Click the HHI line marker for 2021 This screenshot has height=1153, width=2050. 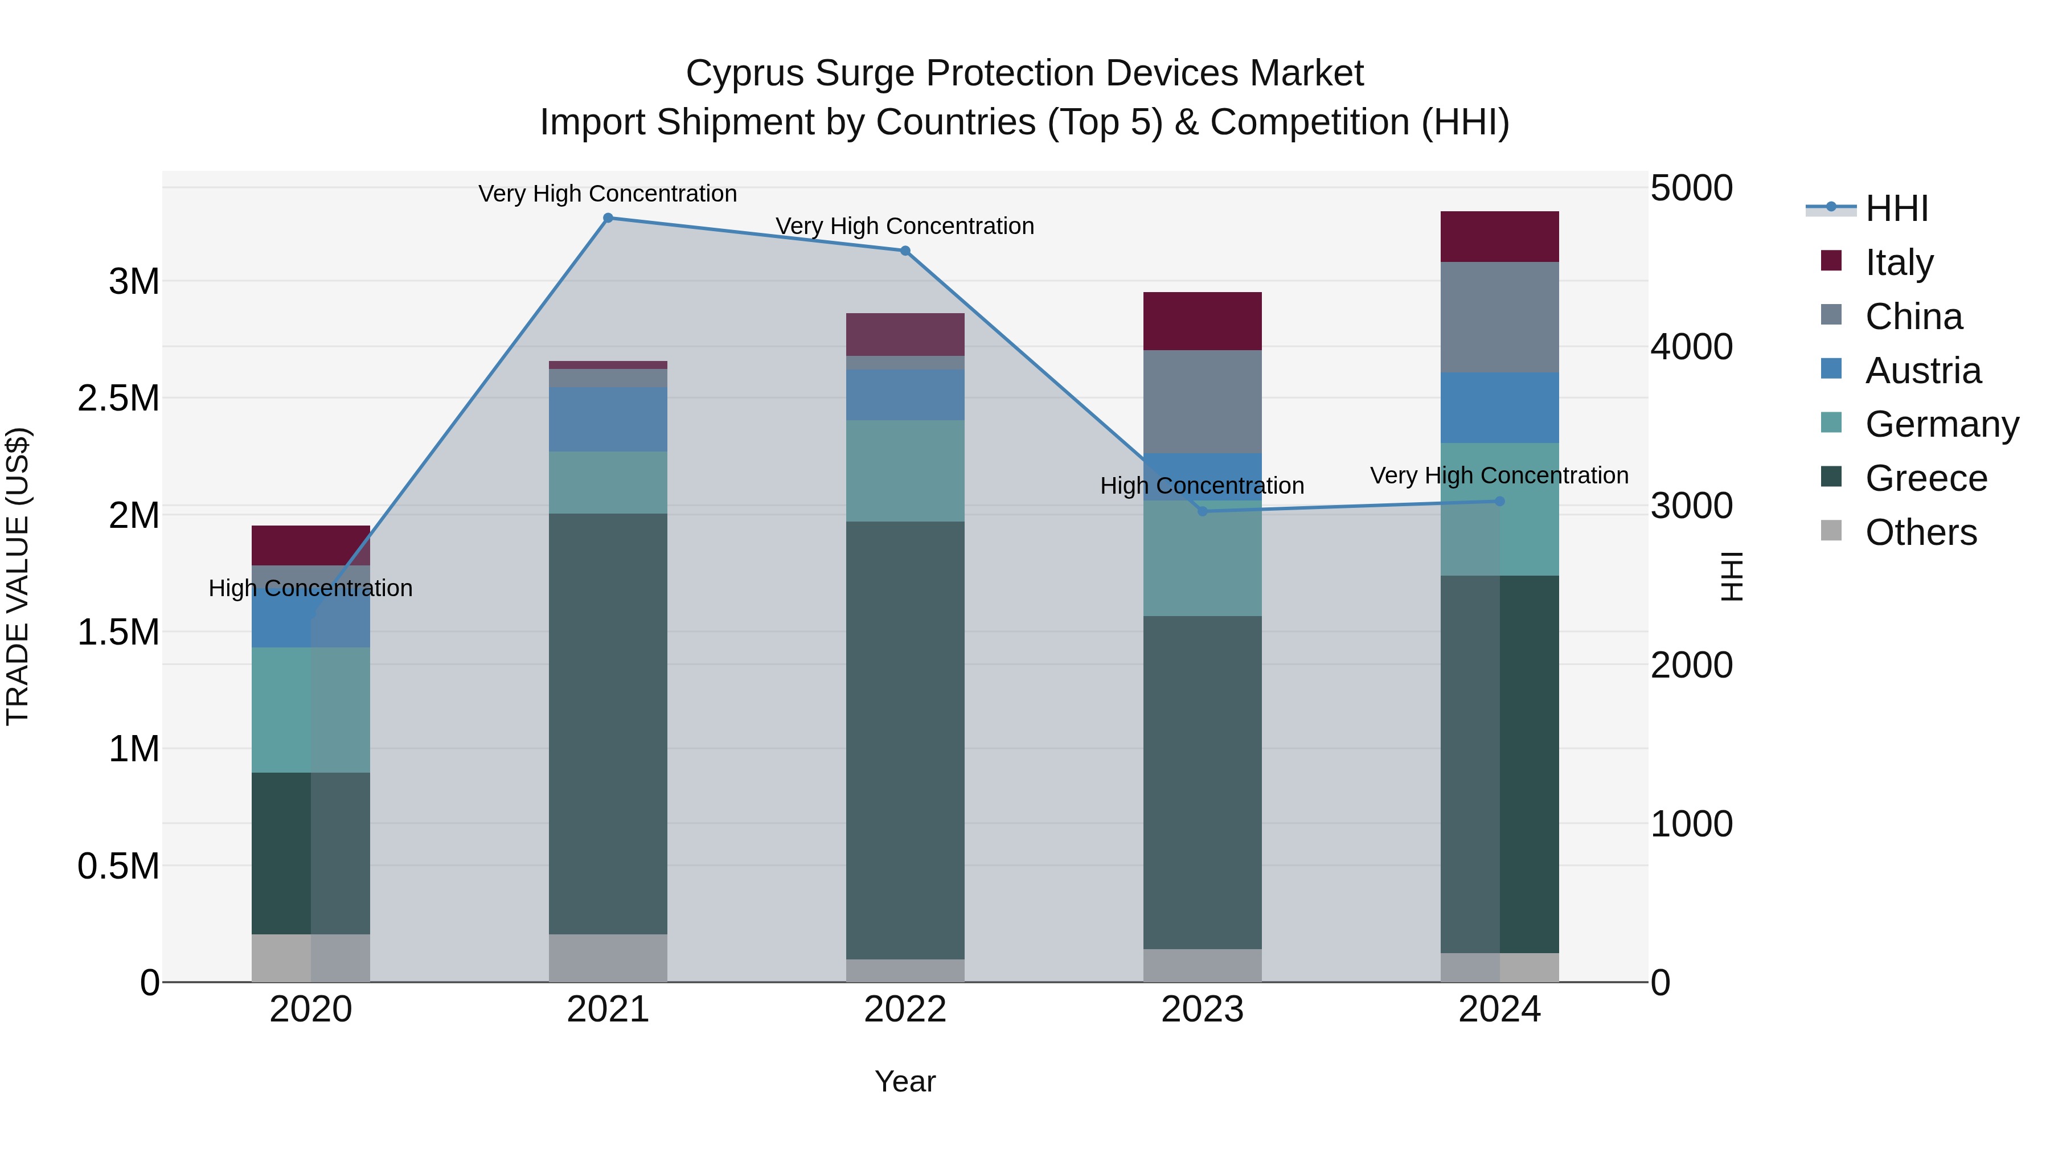(x=608, y=218)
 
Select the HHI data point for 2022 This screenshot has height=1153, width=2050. (x=905, y=251)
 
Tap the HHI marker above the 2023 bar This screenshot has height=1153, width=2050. (x=1203, y=511)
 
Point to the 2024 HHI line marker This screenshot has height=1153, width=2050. (x=1499, y=501)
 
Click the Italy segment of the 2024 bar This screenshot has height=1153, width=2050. (x=1499, y=236)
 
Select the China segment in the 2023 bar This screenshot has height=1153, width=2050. (x=1203, y=402)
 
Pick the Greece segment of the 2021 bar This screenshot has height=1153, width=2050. (x=608, y=724)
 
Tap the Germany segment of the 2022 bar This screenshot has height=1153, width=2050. (x=905, y=471)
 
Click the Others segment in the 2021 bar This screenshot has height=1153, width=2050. (x=608, y=958)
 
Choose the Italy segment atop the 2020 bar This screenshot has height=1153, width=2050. (x=310, y=545)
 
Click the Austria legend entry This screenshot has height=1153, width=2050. (x=1922, y=371)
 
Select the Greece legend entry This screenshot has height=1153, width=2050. (x=1925, y=478)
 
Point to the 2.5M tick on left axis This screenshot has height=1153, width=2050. (x=118, y=398)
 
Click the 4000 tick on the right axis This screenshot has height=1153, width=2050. (x=1691, y=347)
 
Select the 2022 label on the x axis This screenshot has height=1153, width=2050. (x=905, y=1010)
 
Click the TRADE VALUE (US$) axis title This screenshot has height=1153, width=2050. (x=18, y=576)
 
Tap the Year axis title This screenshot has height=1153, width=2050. (x=905, y=1081)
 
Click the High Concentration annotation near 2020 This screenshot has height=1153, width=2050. (x=310, y=588)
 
